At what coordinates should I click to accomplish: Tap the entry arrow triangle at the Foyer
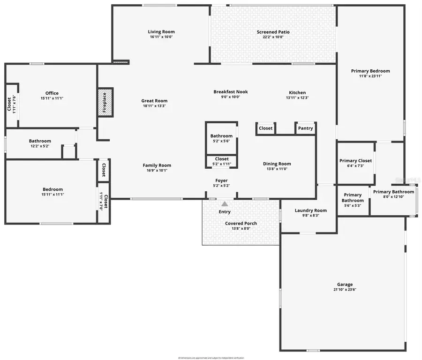point(225,204)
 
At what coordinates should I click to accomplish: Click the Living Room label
point(161,32)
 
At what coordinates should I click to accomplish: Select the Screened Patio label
point(273,32)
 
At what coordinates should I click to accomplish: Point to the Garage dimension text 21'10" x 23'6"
point(345,290)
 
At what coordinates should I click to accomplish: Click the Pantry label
point(305,128)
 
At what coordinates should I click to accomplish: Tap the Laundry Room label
point(310,210)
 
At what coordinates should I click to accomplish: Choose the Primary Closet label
point(355,161)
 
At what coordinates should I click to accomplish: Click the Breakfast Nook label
point(230,92)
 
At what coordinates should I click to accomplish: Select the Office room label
point(52,93)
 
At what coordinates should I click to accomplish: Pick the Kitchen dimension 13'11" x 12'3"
point(297,98)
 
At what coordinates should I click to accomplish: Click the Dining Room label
point(277,164)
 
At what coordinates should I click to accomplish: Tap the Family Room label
point(157,165)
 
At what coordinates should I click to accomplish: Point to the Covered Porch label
point(241,223)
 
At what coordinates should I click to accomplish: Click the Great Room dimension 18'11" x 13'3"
point(154,106)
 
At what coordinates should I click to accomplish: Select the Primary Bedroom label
point(370,71)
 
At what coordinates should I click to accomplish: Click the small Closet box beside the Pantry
point(265,128)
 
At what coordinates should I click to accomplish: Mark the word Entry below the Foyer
point(225,212)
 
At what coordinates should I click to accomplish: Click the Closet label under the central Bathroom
point(222,159)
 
